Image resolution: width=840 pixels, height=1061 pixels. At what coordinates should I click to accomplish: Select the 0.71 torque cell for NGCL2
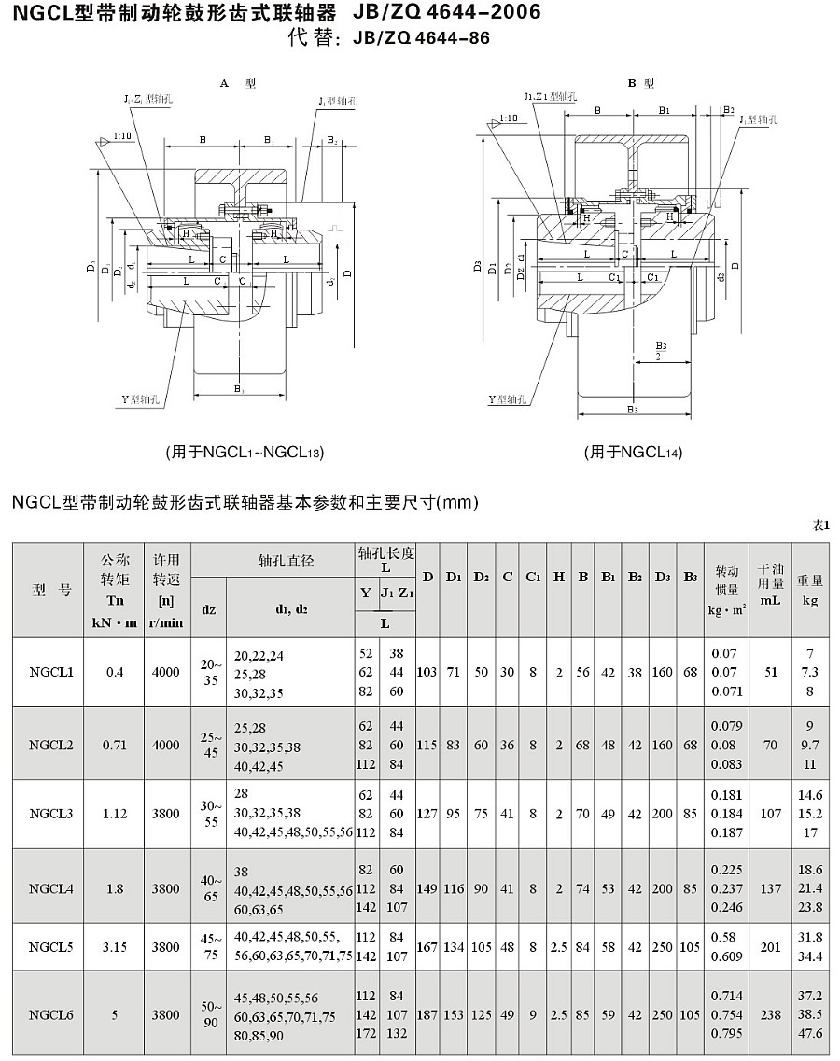[115, 745]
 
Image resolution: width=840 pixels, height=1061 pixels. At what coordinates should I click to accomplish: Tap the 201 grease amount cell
[770, 947]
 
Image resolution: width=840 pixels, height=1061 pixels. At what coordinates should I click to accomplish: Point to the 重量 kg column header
[810, 591]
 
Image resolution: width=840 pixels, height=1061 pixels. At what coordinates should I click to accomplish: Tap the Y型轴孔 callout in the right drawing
[509, 399]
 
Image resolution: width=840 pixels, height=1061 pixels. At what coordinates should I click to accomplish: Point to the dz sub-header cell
[208, 610]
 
